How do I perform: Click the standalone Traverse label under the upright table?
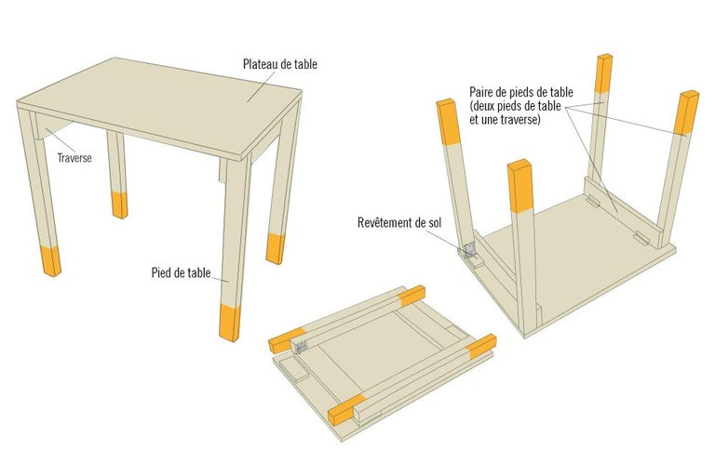click(74, 158)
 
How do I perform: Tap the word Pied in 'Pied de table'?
click(160, 272)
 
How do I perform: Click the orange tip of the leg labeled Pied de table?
click(228, 321)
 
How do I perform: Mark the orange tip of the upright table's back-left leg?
click(119, 204)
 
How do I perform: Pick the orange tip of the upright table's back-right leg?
click(275, 247)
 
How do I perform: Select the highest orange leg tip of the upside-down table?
click(604, 73)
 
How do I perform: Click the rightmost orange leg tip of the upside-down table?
click(688, 112)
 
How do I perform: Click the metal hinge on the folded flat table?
click(301, 346)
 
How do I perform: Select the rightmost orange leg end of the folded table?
click(482, 346)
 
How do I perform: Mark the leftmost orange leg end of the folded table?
click(286, 338)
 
